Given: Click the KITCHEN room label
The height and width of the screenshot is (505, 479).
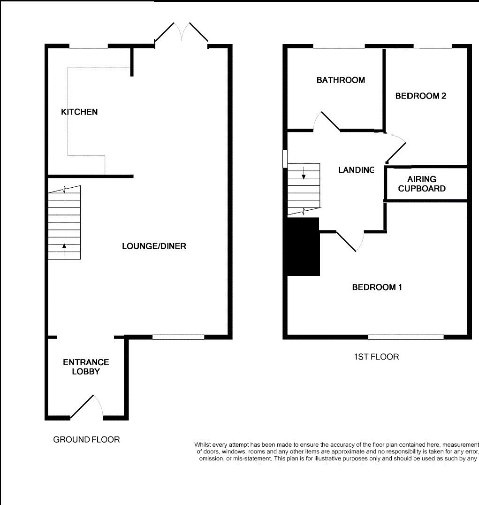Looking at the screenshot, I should (79, 112).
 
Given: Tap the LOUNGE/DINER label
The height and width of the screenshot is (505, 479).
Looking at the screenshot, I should (154, 246).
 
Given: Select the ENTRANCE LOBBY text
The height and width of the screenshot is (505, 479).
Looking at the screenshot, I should (86, 367).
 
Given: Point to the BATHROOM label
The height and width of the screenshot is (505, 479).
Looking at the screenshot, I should (341, 80).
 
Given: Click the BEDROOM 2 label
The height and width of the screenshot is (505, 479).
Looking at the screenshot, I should (420, 96).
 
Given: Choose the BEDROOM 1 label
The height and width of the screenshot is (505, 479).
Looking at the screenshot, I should (377, 287).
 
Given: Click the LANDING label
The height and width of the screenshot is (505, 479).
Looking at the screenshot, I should (357, 170).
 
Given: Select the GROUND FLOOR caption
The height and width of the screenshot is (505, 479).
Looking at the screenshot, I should (86, 440).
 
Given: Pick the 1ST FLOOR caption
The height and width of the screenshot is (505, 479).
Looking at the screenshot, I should (376, 357).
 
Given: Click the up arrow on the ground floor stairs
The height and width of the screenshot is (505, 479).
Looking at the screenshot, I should (64, 249).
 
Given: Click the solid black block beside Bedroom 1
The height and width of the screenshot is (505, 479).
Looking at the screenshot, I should (303, 247).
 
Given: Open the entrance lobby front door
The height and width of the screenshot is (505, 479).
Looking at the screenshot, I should (87, 407).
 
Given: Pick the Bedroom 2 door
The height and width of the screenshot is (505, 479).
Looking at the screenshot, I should (395, 147).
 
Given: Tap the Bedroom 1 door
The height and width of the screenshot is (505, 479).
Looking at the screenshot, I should (350, 241).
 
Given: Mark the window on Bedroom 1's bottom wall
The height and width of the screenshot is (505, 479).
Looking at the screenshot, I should (406, 337).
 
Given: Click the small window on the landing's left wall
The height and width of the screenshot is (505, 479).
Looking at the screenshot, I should (285, 159).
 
